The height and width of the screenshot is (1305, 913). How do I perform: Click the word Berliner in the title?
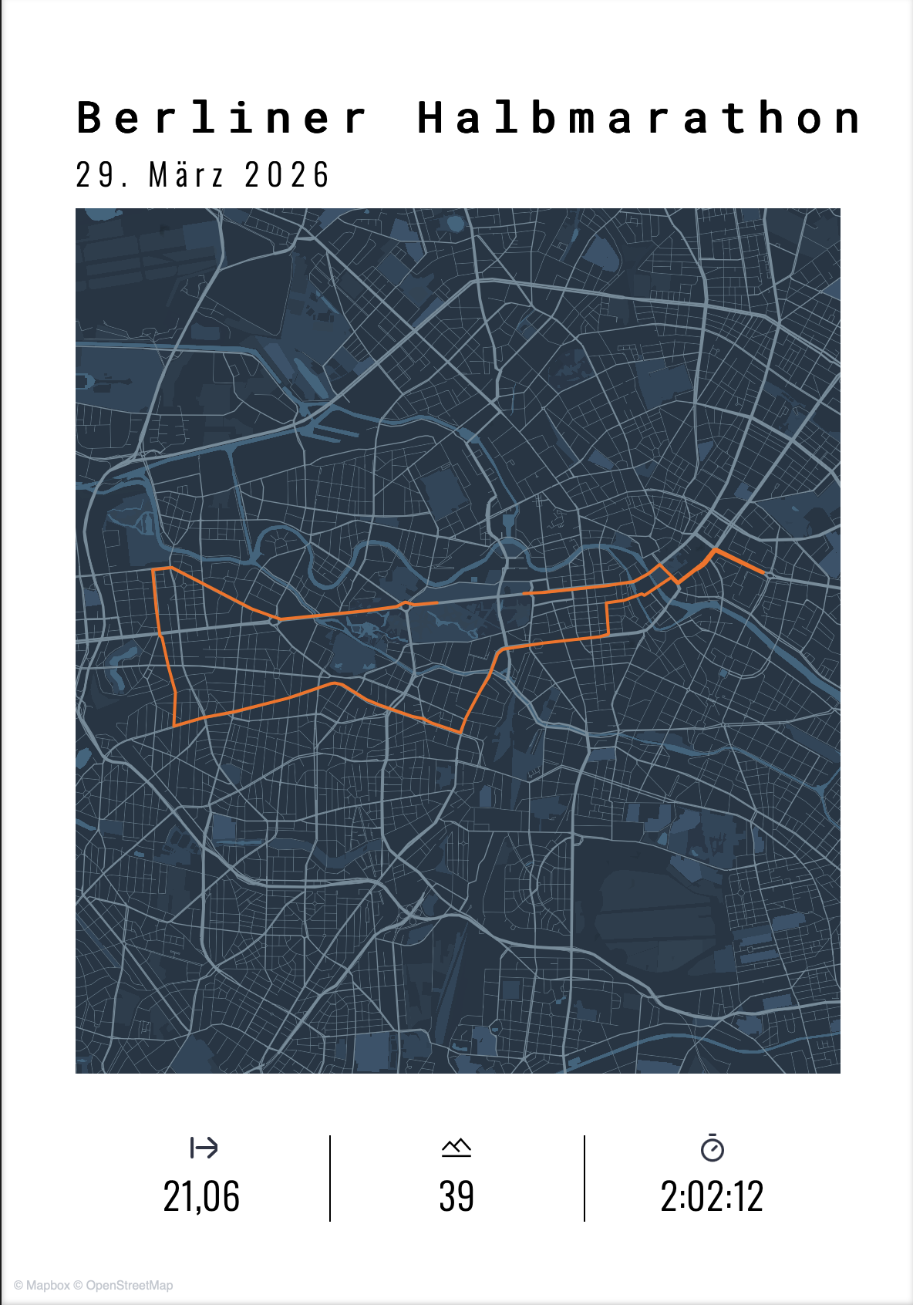point(222,118)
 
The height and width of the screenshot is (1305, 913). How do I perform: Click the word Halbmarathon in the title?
point(638,118)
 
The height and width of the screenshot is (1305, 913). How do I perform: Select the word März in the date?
point(186,175)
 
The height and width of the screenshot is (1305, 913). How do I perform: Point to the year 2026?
point(287,175)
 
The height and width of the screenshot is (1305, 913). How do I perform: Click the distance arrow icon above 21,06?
point(204,1148)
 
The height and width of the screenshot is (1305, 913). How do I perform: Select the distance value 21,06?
point(201,1196)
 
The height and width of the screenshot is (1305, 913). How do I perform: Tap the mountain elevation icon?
point(456,1148)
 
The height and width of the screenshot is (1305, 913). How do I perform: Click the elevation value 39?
point(456,1196)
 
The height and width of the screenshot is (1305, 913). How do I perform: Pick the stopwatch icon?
point(713,1148)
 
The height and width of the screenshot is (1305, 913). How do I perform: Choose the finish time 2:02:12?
point(712,1196)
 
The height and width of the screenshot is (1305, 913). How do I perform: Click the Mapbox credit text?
point(48,1285)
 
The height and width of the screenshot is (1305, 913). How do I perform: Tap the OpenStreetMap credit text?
point(130,1285)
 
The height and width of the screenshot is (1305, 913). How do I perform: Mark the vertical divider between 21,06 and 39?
point(330,1178)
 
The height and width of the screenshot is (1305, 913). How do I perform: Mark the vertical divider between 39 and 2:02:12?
point(585,1178)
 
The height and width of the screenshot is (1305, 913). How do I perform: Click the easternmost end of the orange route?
point(764,573)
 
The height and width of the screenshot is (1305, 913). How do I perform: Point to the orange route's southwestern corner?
point(175,726)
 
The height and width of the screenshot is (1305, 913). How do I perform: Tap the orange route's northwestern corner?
point(154,570)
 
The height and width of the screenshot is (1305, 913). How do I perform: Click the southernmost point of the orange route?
point(461,732)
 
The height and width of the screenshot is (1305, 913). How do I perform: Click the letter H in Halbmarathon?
point(430,118)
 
